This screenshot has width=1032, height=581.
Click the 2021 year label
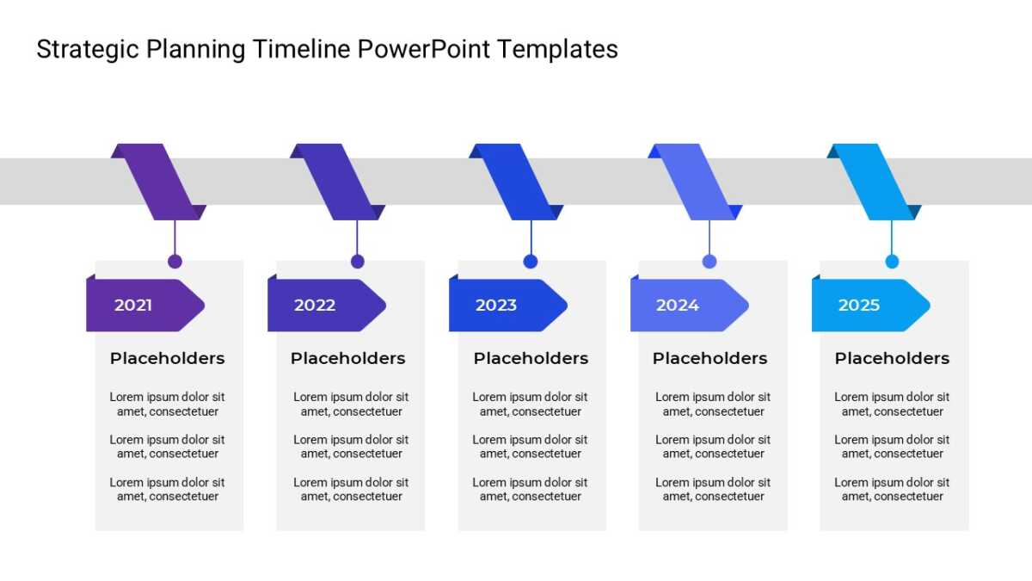[x=133, y=306]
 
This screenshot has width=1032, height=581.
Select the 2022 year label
[x=315, y=306]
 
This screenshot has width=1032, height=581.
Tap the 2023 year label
[x=496, y=306]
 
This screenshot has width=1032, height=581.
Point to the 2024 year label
[x=678, y=306]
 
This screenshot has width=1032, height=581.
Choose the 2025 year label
[x=859, y=306]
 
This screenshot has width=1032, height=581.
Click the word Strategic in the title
[x=88, y=50]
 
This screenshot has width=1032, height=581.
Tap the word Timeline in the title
[x=301, y=49]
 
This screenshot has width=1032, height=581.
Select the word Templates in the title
[x=557, y=50]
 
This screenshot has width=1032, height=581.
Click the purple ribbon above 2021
[x=158, y=182]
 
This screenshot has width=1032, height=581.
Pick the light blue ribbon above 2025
[x=874, y=182]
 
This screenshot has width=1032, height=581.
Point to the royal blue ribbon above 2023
[x=516, y=182]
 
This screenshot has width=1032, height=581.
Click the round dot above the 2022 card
[x=358, y=262]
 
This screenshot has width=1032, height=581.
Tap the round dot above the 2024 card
[x=709, y=262]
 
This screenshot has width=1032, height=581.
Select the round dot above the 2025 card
[x=892, y=262]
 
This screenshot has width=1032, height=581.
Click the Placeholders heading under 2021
[x=167, y=358]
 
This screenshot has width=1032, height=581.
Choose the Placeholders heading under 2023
[x=531, y=358]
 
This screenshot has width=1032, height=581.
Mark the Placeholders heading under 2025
[x=892, y=358]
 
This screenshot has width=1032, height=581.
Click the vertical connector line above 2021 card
[x=175, y=238]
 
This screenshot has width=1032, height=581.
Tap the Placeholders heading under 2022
[x=347, y=358]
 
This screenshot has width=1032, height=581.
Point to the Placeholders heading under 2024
[x=710, y=358]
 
